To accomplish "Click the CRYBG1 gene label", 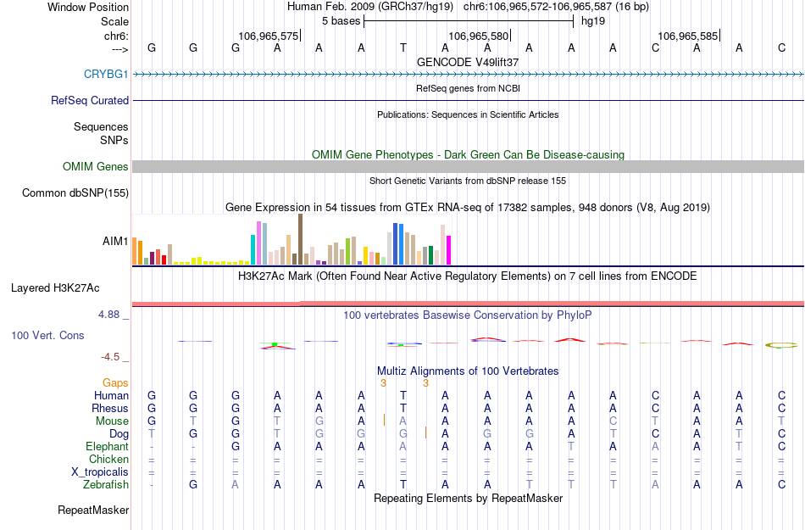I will click(x=106, y=74).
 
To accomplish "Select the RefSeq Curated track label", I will click(x=90, y=100).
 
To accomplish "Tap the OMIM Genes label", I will click(x=96, y=167).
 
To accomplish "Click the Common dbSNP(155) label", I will click(x=75, y=193).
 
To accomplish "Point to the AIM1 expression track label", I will click(x=115, y=241).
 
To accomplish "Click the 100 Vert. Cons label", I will click(x=47, y=336).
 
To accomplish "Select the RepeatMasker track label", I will click(x=93, y=510).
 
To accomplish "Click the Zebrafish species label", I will click(x=106, y=484).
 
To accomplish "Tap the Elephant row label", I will click(x=108, y=446).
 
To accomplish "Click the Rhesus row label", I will click(x=110, y=408).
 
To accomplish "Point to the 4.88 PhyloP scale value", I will click(x=113, y=315).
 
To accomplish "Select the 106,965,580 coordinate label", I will click(x=479, y=36).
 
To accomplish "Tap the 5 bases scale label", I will click(x=341, y=20).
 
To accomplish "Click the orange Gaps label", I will click(x=116, y=383).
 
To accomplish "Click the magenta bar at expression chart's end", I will click(x=449, y=250).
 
